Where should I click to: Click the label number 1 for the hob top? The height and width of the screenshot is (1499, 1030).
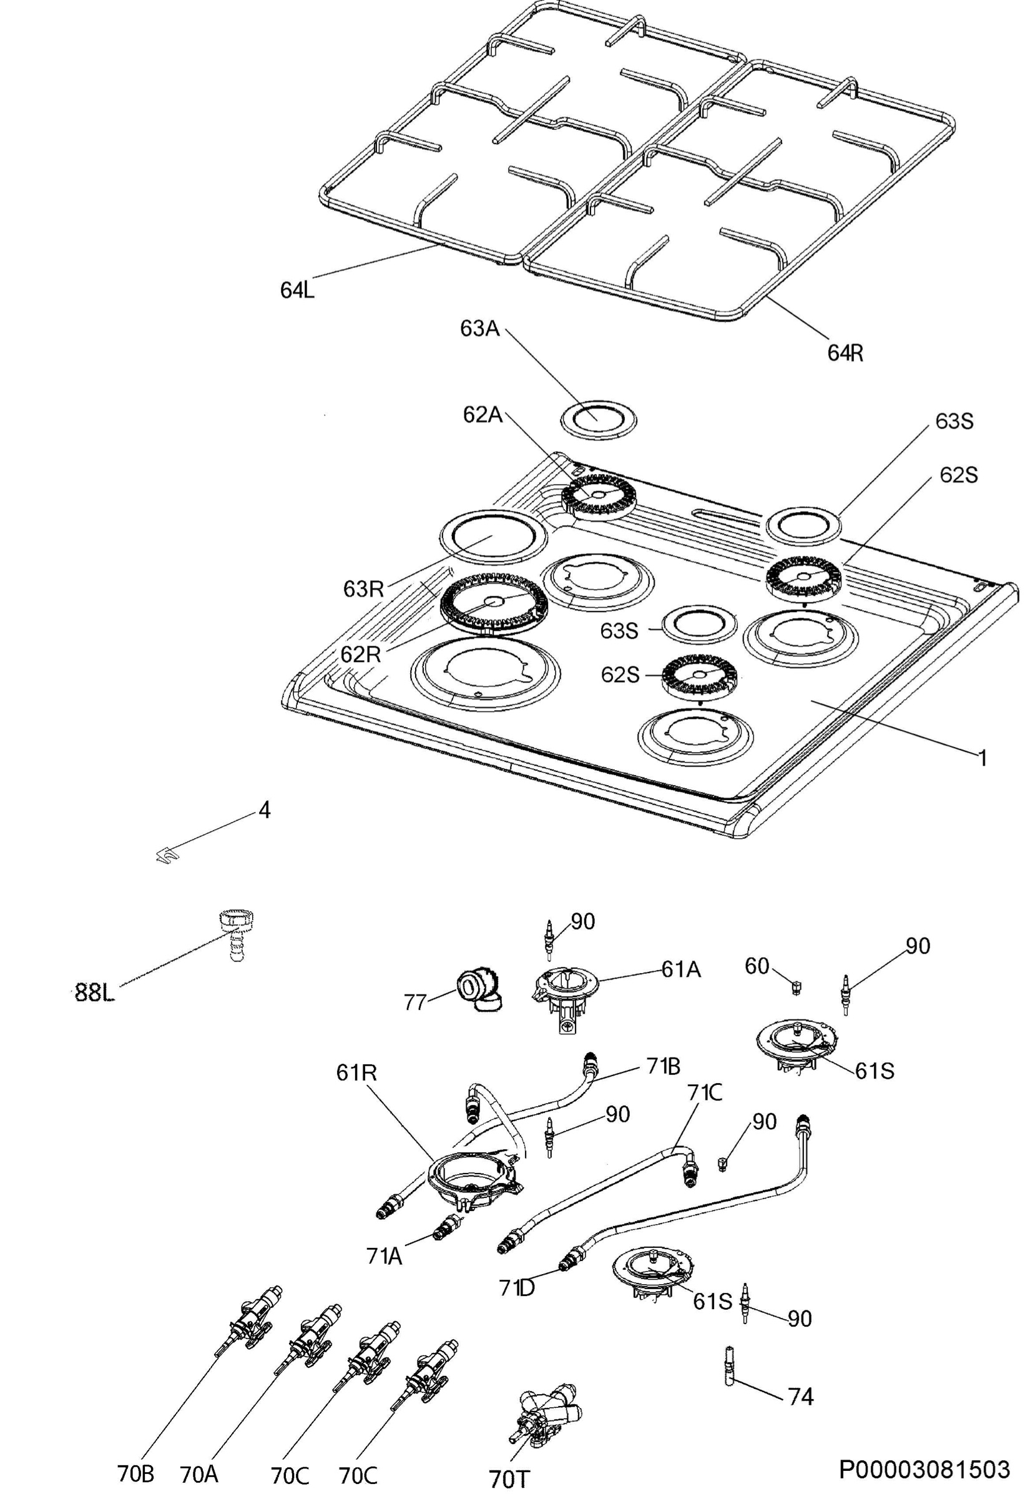pyautogui.click(x=982, y=757)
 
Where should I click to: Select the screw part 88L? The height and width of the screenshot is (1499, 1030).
pyautogui.click(x=235, y=936)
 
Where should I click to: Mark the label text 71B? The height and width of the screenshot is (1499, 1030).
pyautogui.click(x=663, y=1066)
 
